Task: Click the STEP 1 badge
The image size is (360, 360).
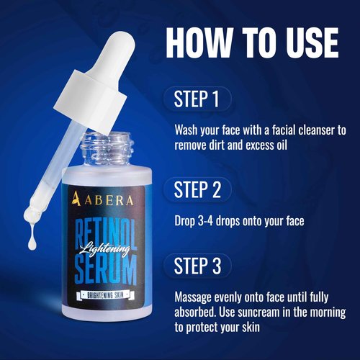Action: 197,99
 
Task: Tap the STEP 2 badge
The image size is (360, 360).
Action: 197,189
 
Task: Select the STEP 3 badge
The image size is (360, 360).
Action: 197,265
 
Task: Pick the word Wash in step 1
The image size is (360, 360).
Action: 189,130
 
